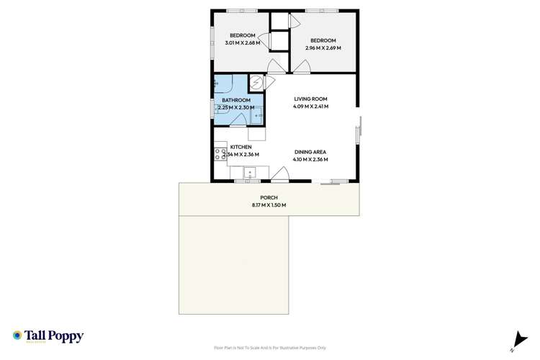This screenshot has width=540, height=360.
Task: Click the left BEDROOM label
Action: (243, 35)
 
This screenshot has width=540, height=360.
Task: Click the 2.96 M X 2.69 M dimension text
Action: (323, 48)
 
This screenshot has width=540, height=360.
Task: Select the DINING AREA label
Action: (310, 152)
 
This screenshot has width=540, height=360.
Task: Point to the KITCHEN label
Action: (240, 147)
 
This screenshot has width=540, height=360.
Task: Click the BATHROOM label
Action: (235, 100)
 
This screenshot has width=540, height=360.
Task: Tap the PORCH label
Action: (269, 197)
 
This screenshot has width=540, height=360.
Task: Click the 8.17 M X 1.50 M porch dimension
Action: (269, 205)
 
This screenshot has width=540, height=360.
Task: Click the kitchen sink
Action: (251, 172)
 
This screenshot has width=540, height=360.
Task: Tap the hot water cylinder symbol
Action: (256, 81)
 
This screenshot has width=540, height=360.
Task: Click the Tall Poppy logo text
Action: (55, 336)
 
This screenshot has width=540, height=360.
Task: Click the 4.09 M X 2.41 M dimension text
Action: (310, 107)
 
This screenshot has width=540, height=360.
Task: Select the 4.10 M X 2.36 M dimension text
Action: (310, 159)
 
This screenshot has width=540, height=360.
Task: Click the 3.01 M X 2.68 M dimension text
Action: (243, 42)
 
